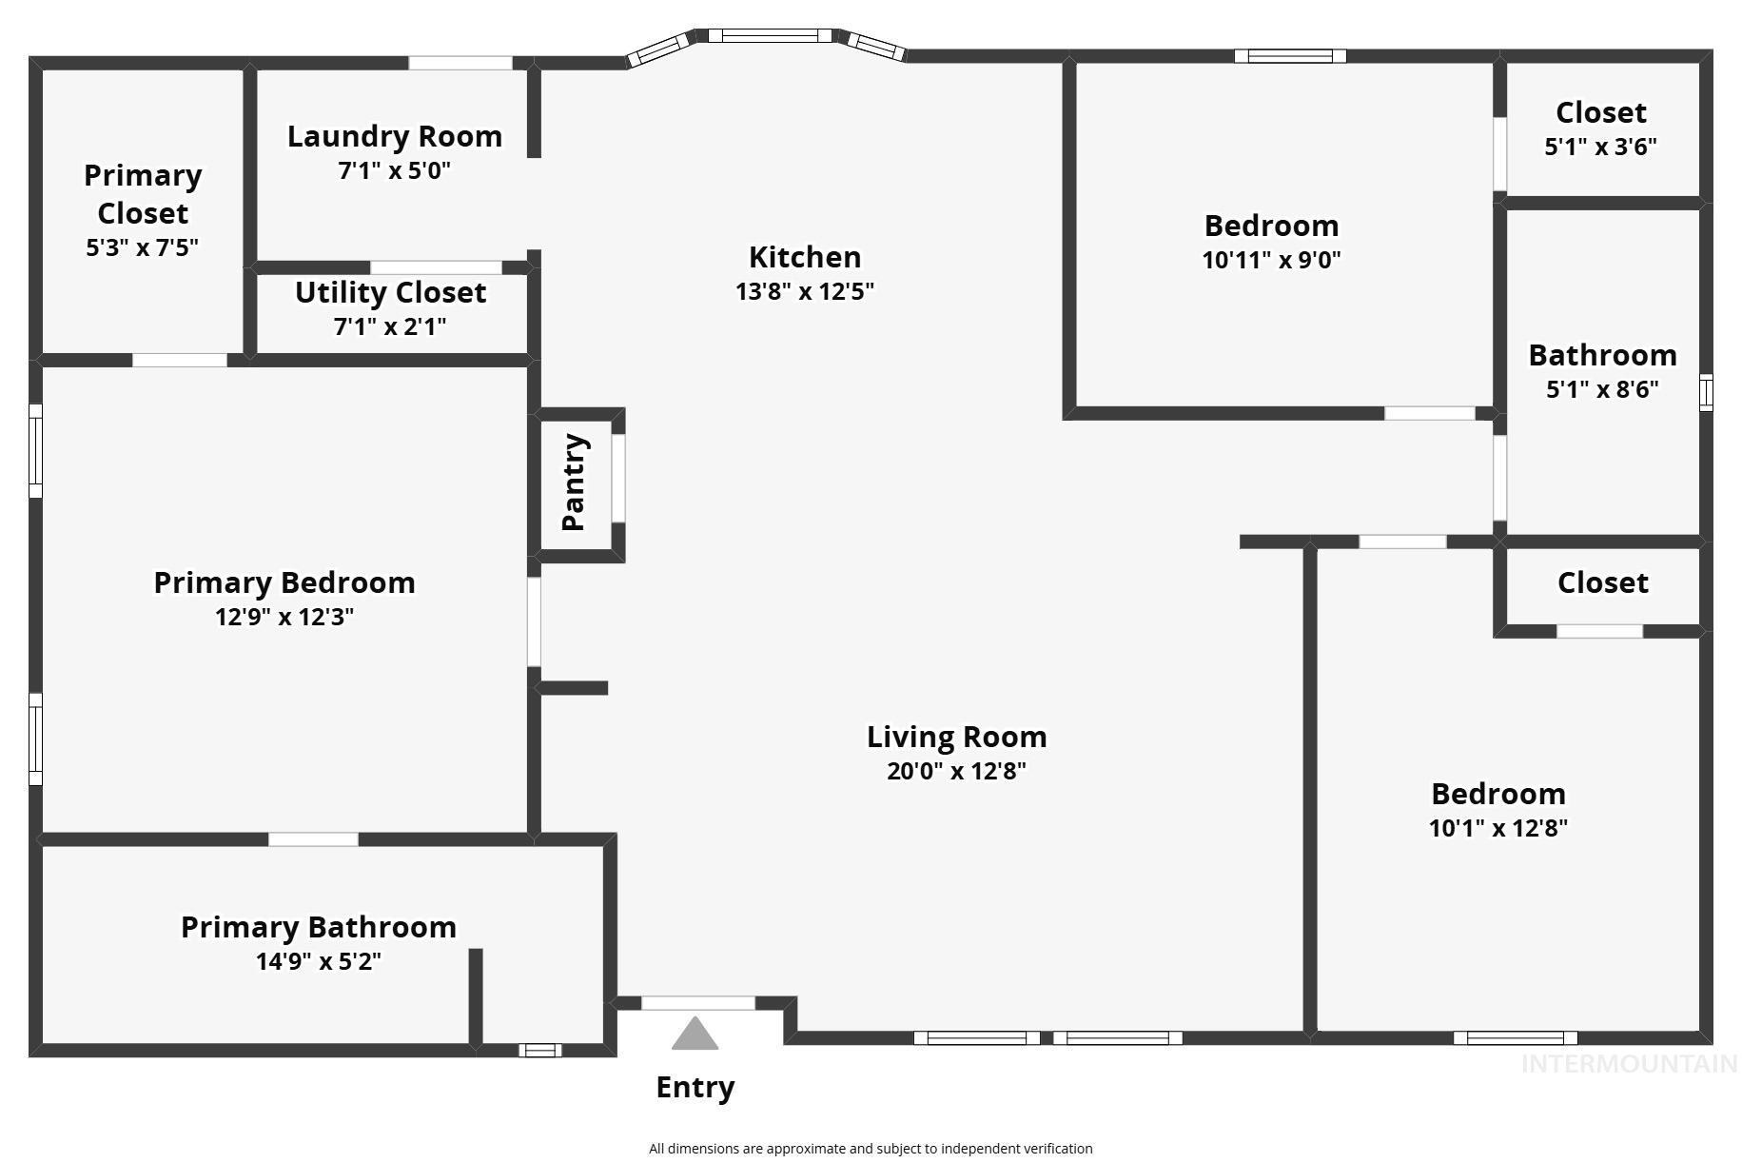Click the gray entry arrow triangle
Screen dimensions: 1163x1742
coord(695,1035)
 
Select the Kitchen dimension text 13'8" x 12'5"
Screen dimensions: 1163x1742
coord(804,291)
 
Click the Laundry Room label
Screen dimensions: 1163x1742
coord(395,137)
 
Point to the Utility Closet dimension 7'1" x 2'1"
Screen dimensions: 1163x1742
coord(390,326)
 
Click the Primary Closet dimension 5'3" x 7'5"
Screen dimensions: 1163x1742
coord(142,247)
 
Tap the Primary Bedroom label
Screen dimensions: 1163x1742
coord(284,582)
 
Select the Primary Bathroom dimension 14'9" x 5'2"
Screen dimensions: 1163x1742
coord(319,961)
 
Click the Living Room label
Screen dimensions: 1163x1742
coord(956,737)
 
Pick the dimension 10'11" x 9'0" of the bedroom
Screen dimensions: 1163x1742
coord(1271,260)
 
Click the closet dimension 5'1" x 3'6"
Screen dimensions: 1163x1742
coord(1600,147)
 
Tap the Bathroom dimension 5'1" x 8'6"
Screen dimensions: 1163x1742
coord(1602,389)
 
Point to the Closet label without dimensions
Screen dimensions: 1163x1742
coord(1602,582)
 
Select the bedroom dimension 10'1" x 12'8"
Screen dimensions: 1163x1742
coord(1497,828)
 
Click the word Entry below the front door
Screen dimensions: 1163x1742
coord(695,1087)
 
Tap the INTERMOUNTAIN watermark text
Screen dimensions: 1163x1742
coord(1629,1064)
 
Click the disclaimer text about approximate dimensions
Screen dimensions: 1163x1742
coord(871,1149)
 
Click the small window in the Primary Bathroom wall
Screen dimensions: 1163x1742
coord(539,1050)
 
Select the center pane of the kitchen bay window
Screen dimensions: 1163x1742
coord(770,36)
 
